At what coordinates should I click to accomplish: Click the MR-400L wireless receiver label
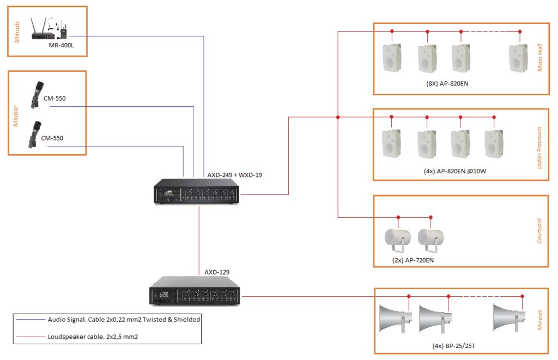(60, 45)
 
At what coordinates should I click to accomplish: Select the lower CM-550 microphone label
(53, 138)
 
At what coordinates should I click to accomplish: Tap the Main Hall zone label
(540, 58)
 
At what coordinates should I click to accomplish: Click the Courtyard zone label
(540, 230)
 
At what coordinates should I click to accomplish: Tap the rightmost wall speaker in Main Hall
(517, 58)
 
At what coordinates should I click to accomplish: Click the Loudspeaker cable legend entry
(93, 337)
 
